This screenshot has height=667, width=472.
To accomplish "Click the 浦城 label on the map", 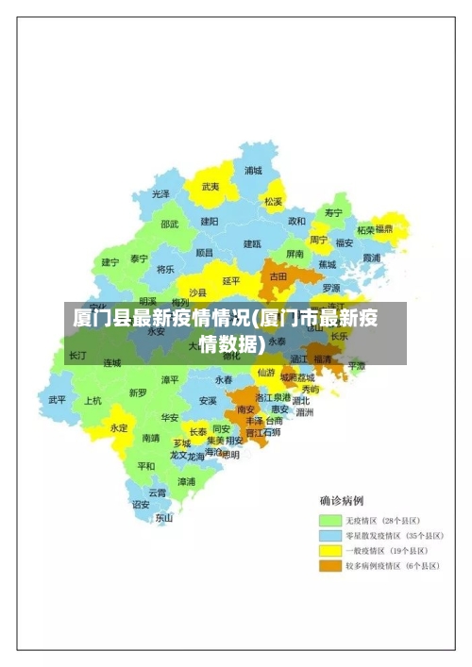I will (253, 171).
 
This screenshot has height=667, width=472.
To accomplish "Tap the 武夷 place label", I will (211, 187).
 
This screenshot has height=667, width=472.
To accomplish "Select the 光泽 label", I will (161, 194).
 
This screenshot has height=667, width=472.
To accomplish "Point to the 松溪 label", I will (273, 201).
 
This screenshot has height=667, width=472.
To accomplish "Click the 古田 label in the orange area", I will (278, 276).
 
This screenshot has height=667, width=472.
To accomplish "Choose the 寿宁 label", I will (333, 213).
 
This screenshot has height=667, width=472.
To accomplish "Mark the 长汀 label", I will (77, 356).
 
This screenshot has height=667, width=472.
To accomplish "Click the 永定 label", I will (119, 427).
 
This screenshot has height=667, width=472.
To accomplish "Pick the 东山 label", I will (164, 517).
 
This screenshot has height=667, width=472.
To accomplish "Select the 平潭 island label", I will (356, 364).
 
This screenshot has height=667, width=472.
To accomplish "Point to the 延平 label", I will (231, 281).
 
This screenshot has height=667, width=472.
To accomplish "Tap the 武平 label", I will (58, 399).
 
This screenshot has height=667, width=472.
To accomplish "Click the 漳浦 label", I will (187, 481).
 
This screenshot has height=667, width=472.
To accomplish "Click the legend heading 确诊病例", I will (342, 500).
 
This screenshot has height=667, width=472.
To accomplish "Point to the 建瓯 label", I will (252, 243).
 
